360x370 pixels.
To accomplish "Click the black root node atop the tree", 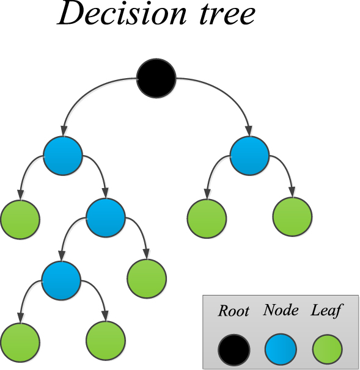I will click(156, 78).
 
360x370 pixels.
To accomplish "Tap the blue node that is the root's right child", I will click(250, 155).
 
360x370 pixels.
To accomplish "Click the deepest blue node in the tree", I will click(61, 281).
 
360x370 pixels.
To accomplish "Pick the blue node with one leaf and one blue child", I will click(105, 218).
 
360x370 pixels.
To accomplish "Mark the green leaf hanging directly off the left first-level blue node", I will click(20, 218).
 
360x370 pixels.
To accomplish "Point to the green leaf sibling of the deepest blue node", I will click(147, 279).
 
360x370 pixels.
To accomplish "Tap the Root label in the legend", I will click(233, 311).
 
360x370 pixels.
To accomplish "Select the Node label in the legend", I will click(281, 310).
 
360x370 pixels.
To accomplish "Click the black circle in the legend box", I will click(233, 350).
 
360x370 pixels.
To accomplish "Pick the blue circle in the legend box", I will click(281, 350).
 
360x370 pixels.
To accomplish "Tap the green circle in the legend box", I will click(327, 350).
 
